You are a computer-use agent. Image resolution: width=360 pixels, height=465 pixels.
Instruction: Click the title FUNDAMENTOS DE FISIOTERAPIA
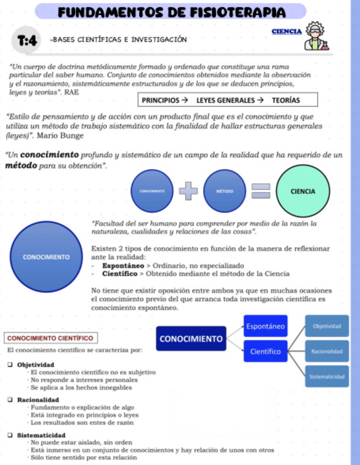pyautogui.click(x=171, y=12)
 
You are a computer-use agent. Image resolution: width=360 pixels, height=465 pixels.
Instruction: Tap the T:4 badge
pyautogui.click(x=27, y=40)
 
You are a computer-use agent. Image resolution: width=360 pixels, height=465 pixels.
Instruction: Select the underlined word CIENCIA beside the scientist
pyautogui.click(x=286, y=32)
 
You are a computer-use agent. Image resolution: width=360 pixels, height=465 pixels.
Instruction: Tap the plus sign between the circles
pyautogui.click(x=188, y=191)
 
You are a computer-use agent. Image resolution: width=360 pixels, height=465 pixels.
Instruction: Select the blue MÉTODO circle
pyautogui.click(x=225, y=191)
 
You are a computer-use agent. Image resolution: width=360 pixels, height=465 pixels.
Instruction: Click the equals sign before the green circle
pyautogui.click(x=261, y=191)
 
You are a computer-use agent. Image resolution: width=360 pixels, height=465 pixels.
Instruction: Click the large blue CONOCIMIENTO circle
pyautogui.click(x=46, y=257)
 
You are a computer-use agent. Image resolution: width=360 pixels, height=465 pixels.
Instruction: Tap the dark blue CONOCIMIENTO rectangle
pyautogui.click(x=191, y=338)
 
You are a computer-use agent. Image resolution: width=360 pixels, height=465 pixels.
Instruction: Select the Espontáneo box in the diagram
pyautogui.click(x=265, y=327)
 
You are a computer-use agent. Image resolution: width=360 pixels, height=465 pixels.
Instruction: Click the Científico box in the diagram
pyautogui.click(x=265, y=351)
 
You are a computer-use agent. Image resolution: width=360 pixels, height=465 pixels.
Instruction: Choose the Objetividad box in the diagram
pyautogui.click(x=327, y=326)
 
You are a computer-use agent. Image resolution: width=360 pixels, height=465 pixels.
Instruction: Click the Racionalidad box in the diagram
pyautogui.click(x=327, y=351)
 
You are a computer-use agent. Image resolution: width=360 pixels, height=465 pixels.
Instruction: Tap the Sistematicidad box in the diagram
pyautogui.click(x=327, y=377)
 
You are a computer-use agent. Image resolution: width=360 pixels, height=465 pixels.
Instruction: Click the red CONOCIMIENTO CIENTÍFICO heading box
pyautogui.click(x=49, y=338)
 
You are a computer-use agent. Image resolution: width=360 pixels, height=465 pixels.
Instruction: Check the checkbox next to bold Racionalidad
pyautogui.click(x=10, y=400)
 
